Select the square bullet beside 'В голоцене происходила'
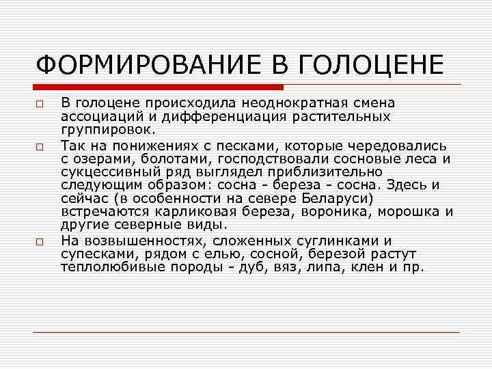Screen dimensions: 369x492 41,104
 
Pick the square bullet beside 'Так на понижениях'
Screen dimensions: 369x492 41,147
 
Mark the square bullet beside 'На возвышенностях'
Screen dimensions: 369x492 41,241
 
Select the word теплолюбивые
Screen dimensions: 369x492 108,267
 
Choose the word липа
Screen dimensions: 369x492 330,267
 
